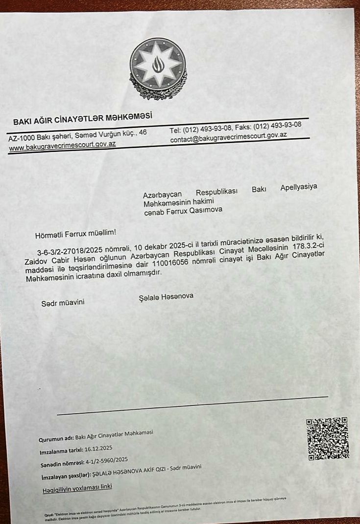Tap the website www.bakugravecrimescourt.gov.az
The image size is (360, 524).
(x=62, y=145)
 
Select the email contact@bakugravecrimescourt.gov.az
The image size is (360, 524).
(x=228, y=138)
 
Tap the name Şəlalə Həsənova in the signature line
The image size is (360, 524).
(x=166, y=297)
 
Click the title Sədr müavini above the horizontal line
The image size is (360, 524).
(x=63, y=302)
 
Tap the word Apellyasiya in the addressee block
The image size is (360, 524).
(x=298, y=187)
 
